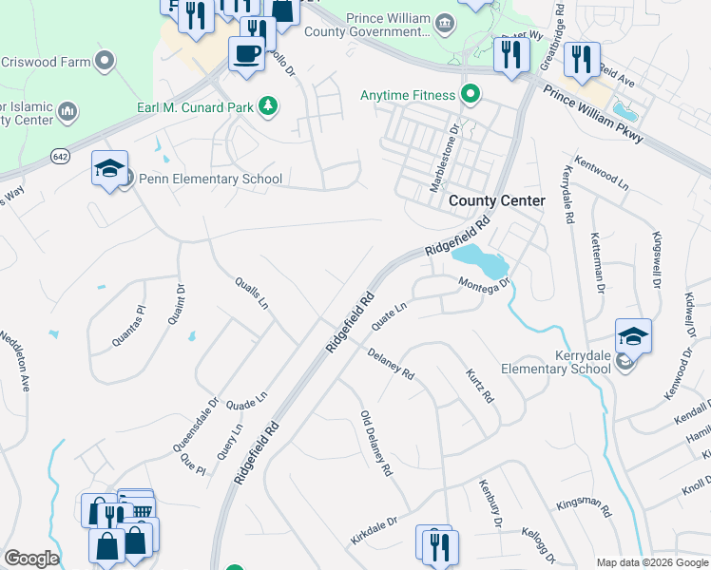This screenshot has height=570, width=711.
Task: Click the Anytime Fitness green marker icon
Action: (x=469, y=95)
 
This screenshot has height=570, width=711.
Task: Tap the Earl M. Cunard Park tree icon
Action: (x=269, y=106)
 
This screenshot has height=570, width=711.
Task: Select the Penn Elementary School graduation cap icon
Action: (x=109, y=167)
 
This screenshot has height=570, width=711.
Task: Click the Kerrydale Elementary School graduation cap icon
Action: (x=633, y=335)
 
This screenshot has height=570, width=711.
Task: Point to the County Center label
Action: (x=496, y=200)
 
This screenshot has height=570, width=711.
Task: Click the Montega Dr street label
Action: (x=485, y=283)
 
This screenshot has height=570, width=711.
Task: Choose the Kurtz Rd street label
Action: (x=480, y=385)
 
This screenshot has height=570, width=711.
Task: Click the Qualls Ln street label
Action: (x=252, y=294)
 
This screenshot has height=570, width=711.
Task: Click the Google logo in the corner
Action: (x=31, y=559)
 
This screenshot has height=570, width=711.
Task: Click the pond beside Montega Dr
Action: (x=479, y=256)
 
